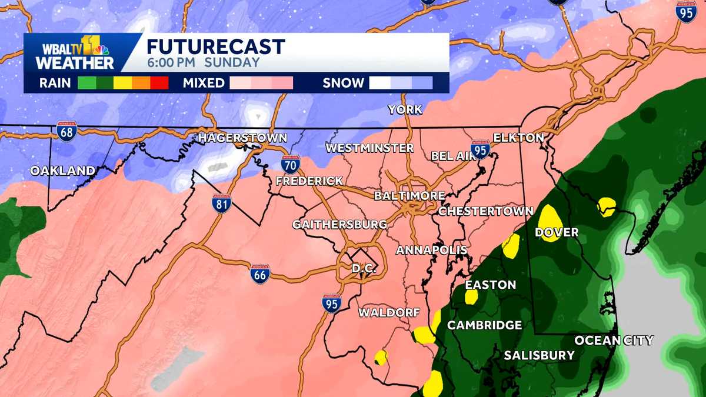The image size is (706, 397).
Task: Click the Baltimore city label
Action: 409,195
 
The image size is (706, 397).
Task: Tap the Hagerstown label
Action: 242,138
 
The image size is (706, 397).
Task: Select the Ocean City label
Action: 614,341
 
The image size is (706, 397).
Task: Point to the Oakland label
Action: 62,171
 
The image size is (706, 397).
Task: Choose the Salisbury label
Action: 539,355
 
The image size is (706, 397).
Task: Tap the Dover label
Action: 557,232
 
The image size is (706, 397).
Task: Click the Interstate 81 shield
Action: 222,203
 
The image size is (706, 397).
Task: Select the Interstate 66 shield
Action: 259,273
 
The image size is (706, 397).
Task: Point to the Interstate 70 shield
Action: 290,162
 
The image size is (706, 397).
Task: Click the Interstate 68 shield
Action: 66,130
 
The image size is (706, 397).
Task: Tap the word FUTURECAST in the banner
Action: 215,46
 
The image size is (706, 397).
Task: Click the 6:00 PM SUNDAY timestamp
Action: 202,62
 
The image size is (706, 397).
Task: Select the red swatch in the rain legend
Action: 159,83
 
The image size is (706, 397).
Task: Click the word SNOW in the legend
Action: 343,83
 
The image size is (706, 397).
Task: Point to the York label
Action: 405,109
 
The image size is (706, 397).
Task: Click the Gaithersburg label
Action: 339,224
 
